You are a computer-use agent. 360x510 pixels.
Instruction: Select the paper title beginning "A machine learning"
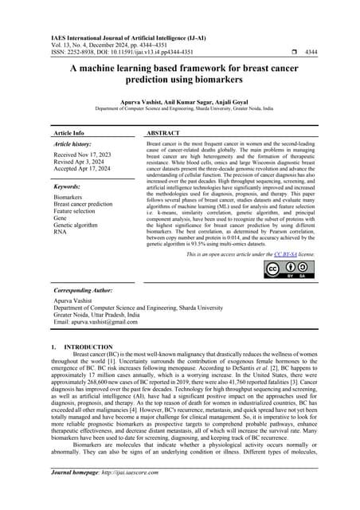click(179, 75)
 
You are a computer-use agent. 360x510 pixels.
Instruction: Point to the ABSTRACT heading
click(167, 134)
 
